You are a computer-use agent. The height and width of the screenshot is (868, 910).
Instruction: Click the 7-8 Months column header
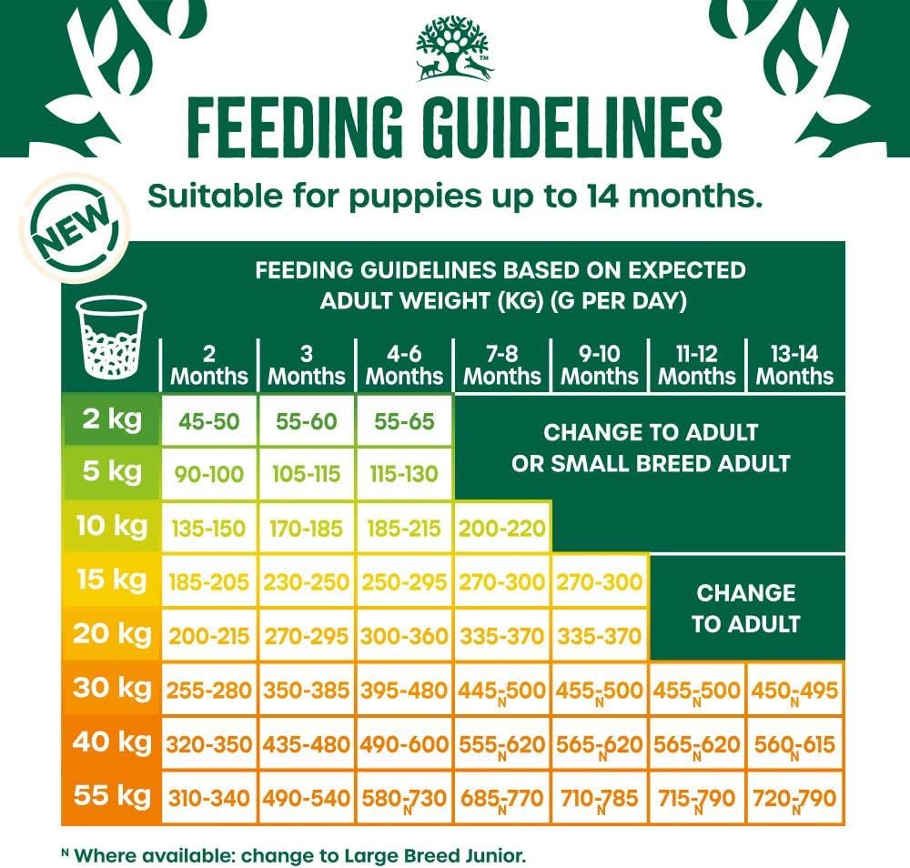point(502,365)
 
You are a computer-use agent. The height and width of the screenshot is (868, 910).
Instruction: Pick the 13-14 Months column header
point(794,365)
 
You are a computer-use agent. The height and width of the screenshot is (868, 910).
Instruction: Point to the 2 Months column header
point(209,365)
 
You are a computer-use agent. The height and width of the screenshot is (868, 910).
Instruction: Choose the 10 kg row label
point(111,526)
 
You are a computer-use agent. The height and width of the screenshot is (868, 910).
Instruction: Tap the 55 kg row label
point(111,796)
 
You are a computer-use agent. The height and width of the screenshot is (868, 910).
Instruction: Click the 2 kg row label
point(111,421)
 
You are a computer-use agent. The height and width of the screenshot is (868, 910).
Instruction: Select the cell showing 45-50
point(209,422)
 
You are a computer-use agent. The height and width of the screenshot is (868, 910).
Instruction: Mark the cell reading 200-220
point(502,528)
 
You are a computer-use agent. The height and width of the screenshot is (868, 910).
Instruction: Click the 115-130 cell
point(404,474)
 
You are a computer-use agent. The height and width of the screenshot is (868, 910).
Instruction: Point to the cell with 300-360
point(404,636)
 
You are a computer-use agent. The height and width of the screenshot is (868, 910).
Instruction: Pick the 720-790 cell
point(794,798)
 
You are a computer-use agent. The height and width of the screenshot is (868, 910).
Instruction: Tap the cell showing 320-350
point(209,744)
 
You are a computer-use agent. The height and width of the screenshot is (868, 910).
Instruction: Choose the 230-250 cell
point(307,581)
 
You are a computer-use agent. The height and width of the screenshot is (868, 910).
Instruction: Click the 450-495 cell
point(794,691)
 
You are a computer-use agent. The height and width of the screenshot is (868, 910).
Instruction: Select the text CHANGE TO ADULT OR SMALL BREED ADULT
point(650,447)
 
